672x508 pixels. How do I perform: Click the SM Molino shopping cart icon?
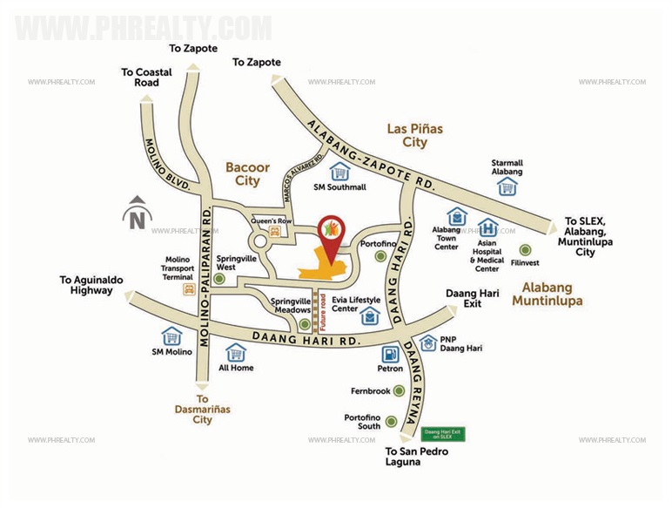[x=171, y=335]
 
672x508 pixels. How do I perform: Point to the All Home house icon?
[x=235, y=352]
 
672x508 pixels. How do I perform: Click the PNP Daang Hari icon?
[x=427, y=344]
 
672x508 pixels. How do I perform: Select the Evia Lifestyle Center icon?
[x=370, y=316]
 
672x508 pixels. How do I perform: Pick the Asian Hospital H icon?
[x=487, y=227]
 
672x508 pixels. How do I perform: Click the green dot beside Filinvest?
[x=524, y=249]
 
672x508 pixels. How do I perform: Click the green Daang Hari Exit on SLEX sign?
[x=444, y=433]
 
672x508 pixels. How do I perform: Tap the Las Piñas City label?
[x=415, y=135]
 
